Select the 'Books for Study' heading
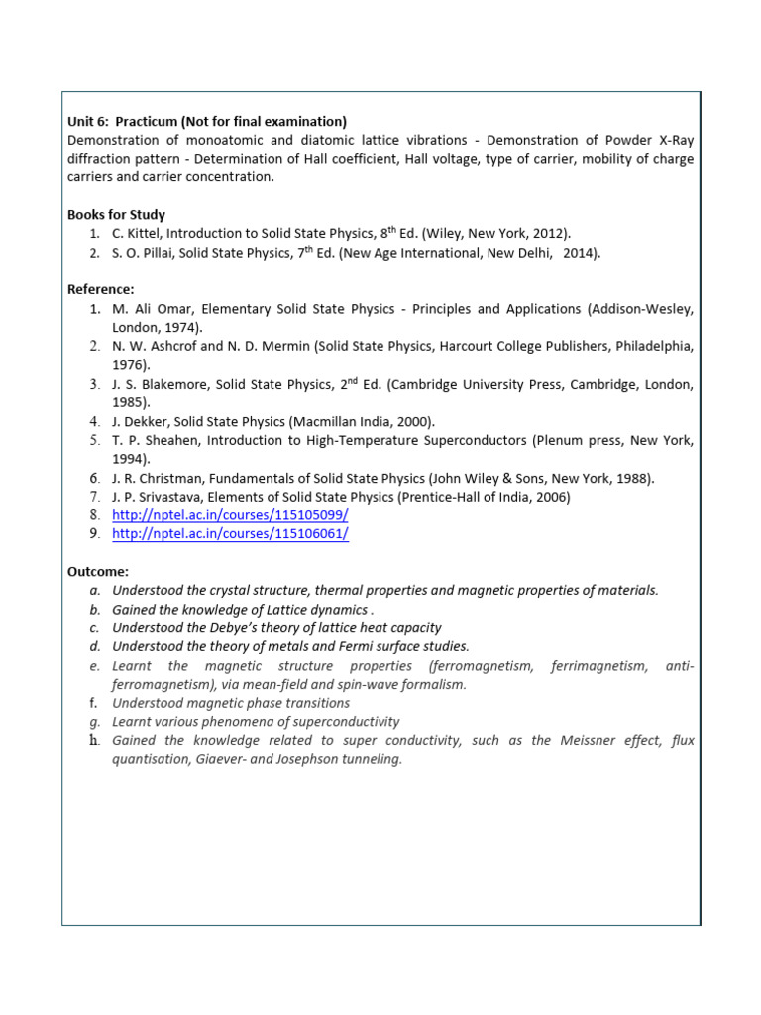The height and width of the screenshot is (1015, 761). (116, 214)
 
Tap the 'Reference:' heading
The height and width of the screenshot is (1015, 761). (100, 289)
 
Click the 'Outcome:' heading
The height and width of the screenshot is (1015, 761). (98, 572)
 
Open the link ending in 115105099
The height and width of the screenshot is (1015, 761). (230, 515)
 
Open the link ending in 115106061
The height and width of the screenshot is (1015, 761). (230, 534)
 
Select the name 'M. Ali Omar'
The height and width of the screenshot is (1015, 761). (153, 309)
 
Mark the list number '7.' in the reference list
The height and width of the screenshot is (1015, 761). (94, 497)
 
